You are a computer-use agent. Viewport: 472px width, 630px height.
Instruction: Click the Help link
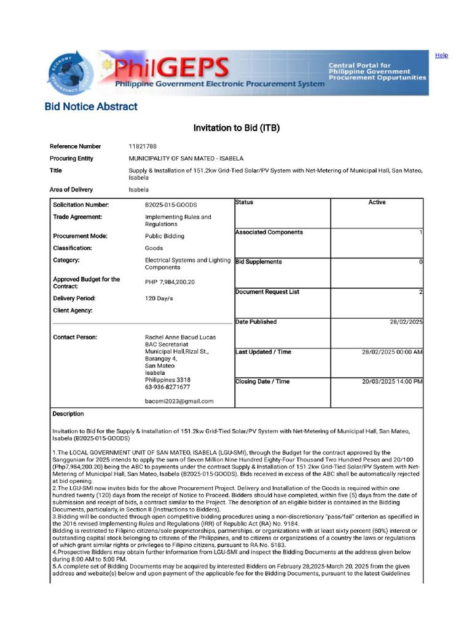[x=441, y=55]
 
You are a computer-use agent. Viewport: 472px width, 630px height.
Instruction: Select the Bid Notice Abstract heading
[x=91, y=106]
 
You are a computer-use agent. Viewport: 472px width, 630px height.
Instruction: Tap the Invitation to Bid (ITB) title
[x=237, y=128]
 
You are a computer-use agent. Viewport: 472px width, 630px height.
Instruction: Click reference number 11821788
[x=143, y=146]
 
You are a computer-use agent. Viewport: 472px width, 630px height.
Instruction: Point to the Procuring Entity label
[x=71, y=158]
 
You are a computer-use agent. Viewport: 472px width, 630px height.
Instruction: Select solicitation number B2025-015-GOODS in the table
[x=171, y=205]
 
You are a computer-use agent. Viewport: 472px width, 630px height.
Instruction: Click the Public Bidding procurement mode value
[x=164, y=236]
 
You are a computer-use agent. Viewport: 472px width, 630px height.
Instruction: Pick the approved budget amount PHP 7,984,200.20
[x=170, y=282]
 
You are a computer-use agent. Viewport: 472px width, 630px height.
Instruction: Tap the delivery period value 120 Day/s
[x=159, y=298]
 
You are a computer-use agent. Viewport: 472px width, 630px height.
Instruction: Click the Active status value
[x=377, y=202]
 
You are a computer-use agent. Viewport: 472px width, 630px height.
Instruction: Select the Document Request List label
[x=267, y=292]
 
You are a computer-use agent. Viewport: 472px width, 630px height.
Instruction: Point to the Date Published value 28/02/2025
[x=406, y=322]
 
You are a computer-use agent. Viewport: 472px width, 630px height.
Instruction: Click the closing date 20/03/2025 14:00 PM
[x=392, y=382]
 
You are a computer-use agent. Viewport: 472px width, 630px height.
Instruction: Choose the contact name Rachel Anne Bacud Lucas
[x=180, y=337]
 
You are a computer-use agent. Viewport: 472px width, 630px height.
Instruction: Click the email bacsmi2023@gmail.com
[x=179, y=401]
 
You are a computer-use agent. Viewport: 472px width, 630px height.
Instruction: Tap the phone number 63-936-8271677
[x=167, y=388]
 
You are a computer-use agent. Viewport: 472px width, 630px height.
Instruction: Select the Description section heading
[x=68, y=414]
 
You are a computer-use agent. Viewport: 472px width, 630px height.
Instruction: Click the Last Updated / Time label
[x=263, y=352]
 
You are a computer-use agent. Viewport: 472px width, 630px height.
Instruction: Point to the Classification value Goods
[x=153, y=249]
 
